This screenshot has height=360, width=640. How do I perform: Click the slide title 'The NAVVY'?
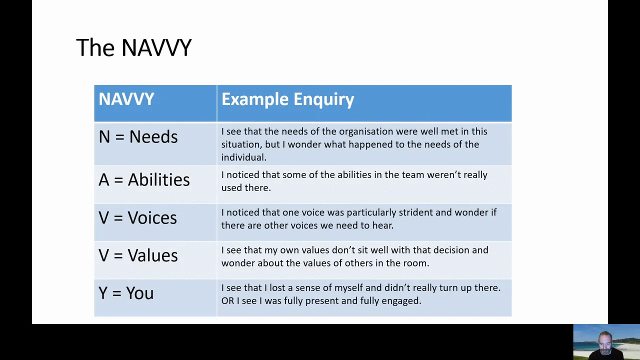coord(133,48)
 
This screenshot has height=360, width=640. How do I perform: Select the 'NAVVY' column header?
coord(126,99)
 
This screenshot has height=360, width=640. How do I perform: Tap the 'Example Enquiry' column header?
coord(287,99)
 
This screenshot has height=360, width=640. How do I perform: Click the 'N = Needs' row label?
coord(138,137)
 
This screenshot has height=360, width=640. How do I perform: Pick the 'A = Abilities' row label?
coord(144,179)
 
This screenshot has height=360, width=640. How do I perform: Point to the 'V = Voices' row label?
coord(137,217)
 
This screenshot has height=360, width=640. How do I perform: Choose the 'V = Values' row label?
coord(138,255)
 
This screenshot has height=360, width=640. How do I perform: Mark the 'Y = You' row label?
coord(126,293)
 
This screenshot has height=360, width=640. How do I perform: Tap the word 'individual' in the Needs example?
coord(243,157)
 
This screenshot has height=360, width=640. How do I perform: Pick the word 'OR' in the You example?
coord(227,301)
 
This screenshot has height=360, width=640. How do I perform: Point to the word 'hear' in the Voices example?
coord(382,225)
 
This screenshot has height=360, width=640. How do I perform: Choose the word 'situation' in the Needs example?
coord(240,144)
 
